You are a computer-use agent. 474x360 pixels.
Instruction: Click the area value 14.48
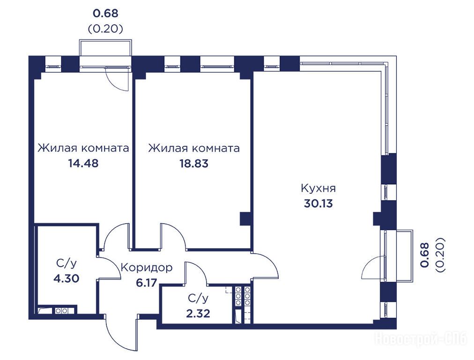click(x=83, y=164)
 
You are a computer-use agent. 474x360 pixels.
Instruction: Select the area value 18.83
click(x=194, y=164)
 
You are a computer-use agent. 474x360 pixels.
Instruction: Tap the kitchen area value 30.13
click(x=318, y=203)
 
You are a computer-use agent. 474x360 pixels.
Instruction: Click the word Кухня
click(x=318, y=188)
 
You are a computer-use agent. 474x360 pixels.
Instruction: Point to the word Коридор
click(x=147, y=268)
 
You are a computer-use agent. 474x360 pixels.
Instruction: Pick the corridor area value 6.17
click(x=147, y=283)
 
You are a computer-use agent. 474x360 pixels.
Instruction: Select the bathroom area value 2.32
click(x=198, y=314)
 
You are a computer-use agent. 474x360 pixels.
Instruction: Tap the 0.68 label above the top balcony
click(x=105, y=13)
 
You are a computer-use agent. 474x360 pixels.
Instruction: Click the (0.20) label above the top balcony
click(x=105, y=29)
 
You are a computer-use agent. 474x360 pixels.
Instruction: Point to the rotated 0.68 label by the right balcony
click(x=425, y=255)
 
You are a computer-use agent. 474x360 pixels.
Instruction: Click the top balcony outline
click(x=105, y=40)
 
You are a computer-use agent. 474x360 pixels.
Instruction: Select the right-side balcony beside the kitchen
click(x=412, y=255)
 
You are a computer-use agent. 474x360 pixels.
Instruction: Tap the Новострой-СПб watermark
click(x=421, y=338)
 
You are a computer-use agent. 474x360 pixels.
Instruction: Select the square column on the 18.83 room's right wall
click(x=245, y=219)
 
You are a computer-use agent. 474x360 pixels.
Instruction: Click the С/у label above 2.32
click(x=198, y=299)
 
